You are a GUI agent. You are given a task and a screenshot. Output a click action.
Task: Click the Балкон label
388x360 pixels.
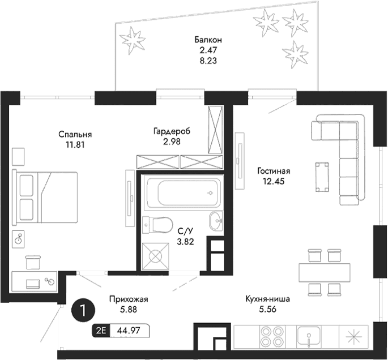(x=207, y=40)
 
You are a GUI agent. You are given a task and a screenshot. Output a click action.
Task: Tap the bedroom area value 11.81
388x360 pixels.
(x=75, y=144)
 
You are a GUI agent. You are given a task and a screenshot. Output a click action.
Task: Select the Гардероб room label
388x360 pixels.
(x=172, y=131)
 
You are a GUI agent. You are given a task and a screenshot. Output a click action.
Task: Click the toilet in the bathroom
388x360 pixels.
(x=156, y=225)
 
